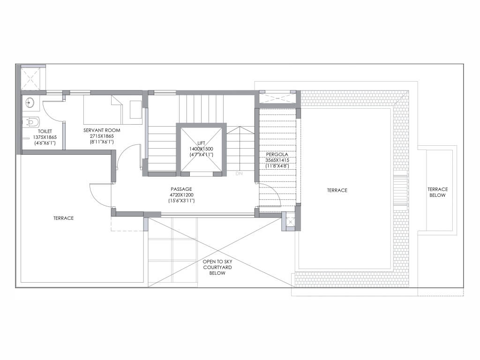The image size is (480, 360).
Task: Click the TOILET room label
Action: click(45, 131)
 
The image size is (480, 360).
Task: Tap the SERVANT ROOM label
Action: click(102, 130)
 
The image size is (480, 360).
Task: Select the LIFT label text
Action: click(201, 143)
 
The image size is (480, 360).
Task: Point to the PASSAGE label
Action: click(181, 189)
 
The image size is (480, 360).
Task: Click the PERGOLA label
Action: click(277, 155)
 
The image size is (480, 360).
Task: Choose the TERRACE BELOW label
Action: click(437, 192)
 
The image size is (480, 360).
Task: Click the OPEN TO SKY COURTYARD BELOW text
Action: click(217, 267)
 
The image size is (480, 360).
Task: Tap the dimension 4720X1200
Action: click(181, 195)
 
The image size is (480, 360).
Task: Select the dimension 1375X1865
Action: click(45, 137)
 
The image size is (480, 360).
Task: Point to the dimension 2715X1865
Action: click(102, 136)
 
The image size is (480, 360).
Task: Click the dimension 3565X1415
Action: click(277, 160)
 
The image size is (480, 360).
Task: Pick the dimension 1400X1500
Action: click(201, 149)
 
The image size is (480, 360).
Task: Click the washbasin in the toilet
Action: click(30, 103)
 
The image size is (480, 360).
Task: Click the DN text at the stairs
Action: click(239, 173)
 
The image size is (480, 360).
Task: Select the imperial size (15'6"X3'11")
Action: click(181, 201)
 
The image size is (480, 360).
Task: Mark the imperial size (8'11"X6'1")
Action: click(102, 142)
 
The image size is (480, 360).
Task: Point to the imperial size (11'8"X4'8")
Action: click(277, 166)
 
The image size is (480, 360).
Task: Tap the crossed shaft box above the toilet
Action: click(30, 79)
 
